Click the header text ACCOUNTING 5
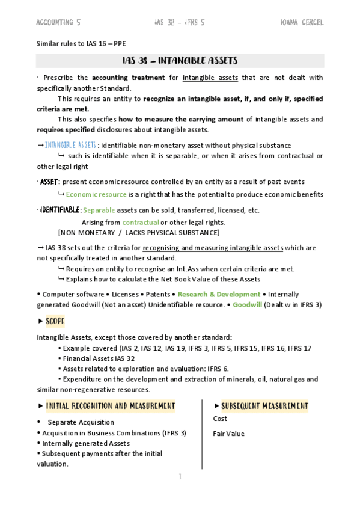pyautogui.click(x=58, y=22)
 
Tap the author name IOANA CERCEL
pyautogui.click(x=302, y=22)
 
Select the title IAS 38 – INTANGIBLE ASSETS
pyautogui.click(x=180, y=61)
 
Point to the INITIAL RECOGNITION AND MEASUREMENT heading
pyautogui.click(x=111, y=406)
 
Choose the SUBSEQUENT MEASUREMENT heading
pyautogui.click(x=264, y=406)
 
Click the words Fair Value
pyautogui.click(x=229, y=434)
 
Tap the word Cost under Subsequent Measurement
pyautogui.click(x=220, y=419)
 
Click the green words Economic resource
pyautogui.click(x=96, y=194)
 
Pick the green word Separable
pyautogui.click(x=98, y=210)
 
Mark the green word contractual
pyautogui.click(x=136, y=223)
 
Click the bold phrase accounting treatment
pyautogui.click(x=129, y=78)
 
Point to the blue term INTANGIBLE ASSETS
pyautogui.click(x=70, y=146)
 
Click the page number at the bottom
pyautogui.click(x=179, y=477)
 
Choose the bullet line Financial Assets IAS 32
pyautogui.click(x=100, y=358)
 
